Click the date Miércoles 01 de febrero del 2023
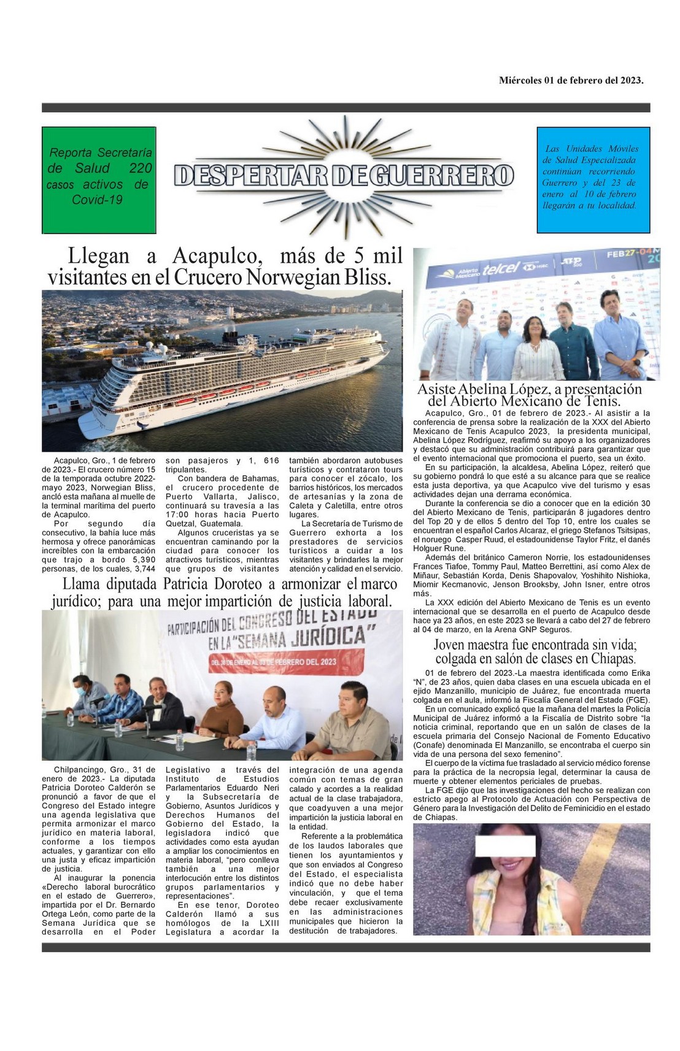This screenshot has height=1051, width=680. coord(571,80)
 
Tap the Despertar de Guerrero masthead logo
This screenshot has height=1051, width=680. coord(344,175)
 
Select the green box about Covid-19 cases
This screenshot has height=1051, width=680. coord(98,179)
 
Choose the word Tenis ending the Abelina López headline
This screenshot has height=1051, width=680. coord(601,401)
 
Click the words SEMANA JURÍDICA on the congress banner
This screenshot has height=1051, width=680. coord(312,637)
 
